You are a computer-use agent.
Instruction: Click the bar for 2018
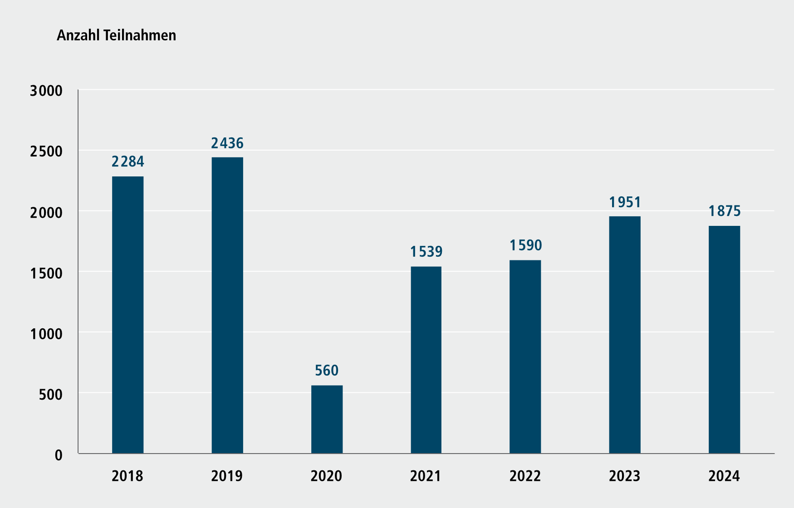click(x=127, y=315)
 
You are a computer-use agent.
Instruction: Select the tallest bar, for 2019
click(x=227, y=305)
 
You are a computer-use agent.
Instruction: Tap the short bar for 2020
click(x=327, y=419)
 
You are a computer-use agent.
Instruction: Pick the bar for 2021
click(x=426, y=360)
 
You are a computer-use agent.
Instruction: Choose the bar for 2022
click(x=525, y=357)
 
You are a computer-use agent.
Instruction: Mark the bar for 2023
click(x=625, y=335)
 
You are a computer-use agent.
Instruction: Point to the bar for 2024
click(x=724, y=339)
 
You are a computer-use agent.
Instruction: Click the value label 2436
click(x=227, y=143)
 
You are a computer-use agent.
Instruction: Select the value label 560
click(x=327, y=371)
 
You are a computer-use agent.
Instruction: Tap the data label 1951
click(x=625, y=202)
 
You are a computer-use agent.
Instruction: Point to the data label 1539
click(x=426, y=252)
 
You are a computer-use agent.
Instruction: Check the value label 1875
click(x=725, y=211)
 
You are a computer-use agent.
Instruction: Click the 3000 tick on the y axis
click(x=46, y=91)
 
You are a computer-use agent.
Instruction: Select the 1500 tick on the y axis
click(x=46, y=273)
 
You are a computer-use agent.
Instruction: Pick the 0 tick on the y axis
click(x=59, y=455)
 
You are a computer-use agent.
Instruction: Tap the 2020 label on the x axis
click(x=326, y=476)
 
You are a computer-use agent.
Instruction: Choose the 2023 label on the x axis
click(x=624, y=476)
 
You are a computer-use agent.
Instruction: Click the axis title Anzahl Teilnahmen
click(x=117, y=35)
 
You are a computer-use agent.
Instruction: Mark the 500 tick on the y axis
click(x=50, y=395)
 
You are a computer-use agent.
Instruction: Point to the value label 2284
click(x=128, y=161)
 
